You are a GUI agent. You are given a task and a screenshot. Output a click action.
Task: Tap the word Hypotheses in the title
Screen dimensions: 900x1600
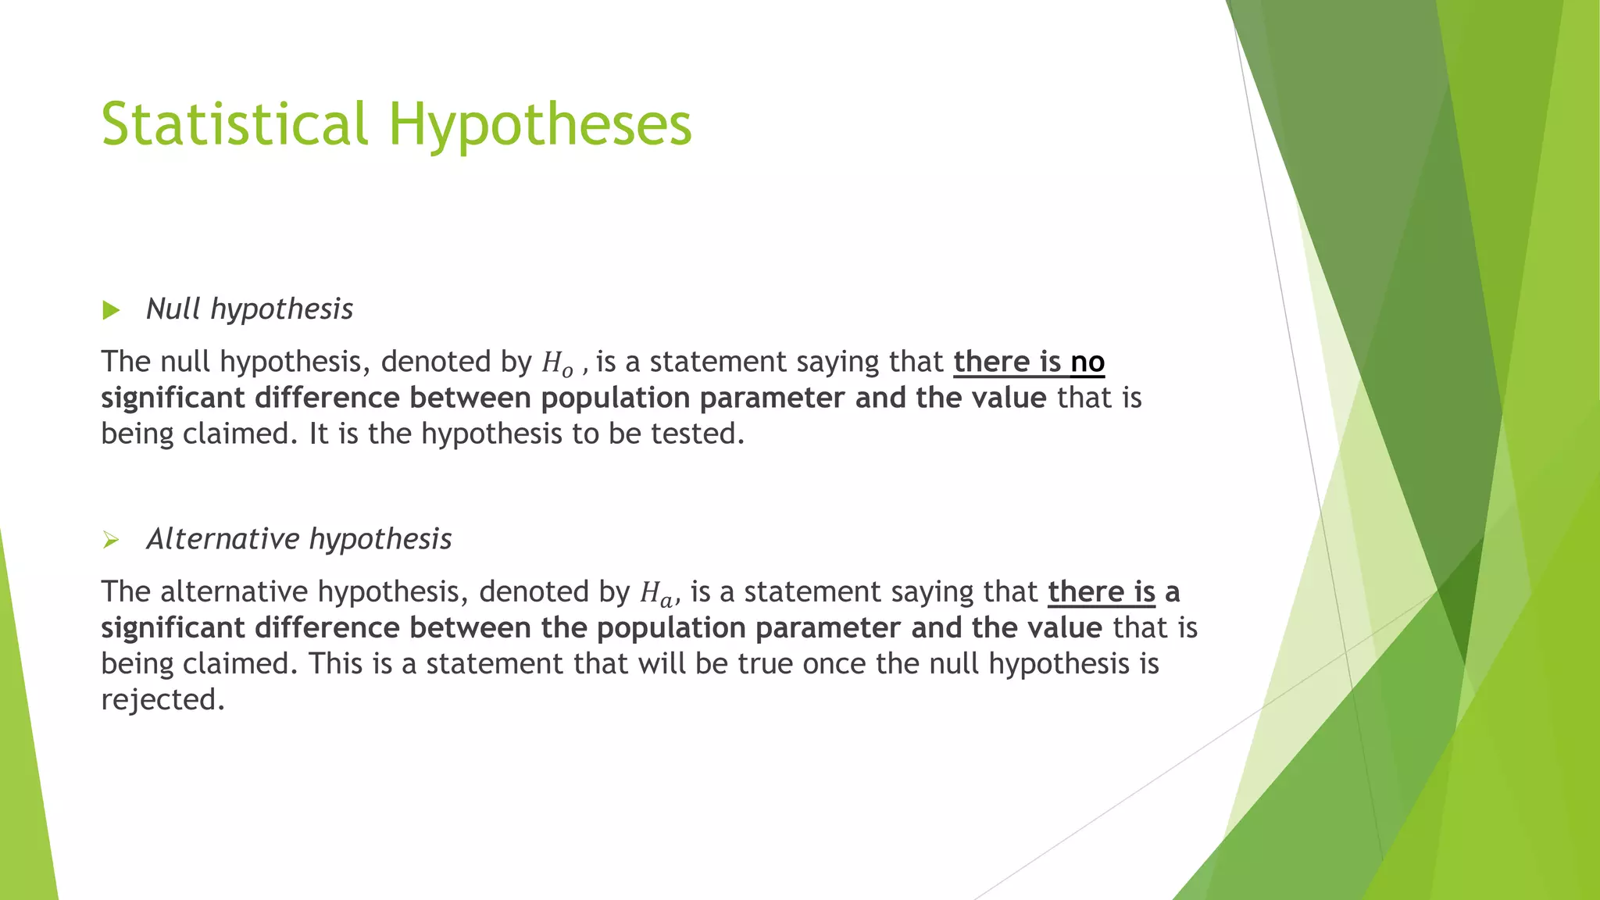[540, 125]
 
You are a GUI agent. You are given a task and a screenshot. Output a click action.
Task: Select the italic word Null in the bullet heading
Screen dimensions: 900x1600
[173, 309]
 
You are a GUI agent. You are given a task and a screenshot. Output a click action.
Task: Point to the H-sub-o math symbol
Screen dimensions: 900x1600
[557, 363]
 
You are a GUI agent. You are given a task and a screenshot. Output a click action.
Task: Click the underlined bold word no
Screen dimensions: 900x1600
[1087, 362]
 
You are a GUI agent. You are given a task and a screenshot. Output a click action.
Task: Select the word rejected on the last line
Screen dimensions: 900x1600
[162, 699]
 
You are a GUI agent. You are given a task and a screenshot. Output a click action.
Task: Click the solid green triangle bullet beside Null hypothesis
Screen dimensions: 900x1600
[111, 310]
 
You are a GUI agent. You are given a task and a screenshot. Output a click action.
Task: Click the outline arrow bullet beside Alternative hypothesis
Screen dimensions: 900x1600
[111, 540]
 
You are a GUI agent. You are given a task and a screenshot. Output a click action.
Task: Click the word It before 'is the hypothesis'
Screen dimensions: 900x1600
[319, 434]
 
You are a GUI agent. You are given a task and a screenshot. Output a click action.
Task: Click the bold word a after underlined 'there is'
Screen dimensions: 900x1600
[1172, 593]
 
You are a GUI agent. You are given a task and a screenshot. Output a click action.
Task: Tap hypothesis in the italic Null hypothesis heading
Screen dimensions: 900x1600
[282, 309]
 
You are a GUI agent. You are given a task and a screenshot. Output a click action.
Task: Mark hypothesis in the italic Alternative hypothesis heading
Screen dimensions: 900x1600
[380, 540]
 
